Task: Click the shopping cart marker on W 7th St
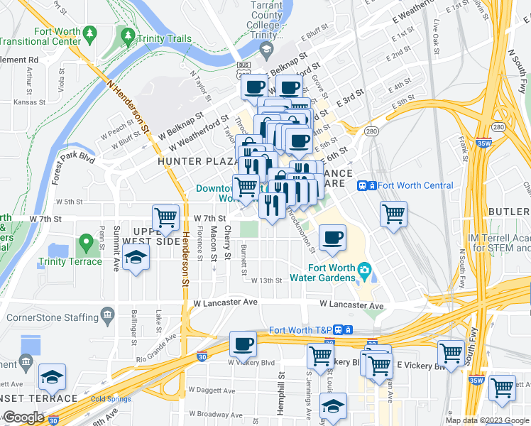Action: coord(165,217)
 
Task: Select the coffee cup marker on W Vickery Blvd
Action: coord(243,344)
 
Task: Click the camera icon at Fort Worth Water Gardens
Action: coord(365,269)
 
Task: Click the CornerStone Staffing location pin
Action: coord(107,314)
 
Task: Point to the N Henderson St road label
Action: coord(130,106)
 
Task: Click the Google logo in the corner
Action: coord(23,417)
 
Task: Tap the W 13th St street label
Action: coord(266,280)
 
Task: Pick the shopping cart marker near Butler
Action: coord(393,213)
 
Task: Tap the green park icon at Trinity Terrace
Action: coord(87,244)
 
